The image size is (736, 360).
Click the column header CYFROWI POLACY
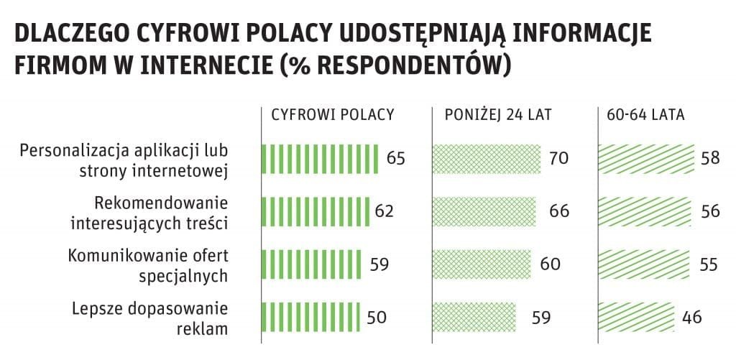point(332,115)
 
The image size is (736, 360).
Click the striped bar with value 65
point(320,158)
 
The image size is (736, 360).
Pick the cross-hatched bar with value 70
point(487,158)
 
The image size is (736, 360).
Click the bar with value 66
point(484,211)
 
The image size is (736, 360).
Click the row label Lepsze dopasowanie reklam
point(149,318)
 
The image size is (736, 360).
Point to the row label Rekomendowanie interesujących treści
point(149,211)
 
